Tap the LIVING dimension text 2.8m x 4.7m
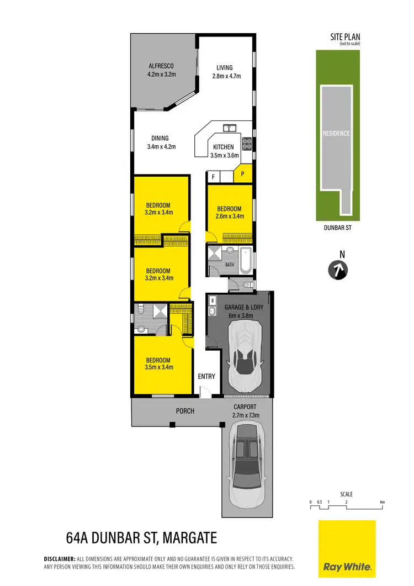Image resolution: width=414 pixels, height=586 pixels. coord(226,76)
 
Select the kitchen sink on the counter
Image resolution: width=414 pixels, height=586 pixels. coord(230,128)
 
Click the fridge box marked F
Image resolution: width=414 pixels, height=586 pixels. coord(213,176)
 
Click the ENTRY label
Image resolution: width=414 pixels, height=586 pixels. coord(206,377)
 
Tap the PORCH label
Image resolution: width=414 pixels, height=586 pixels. coord(184,411)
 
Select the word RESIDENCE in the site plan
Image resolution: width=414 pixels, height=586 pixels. coord(336,134)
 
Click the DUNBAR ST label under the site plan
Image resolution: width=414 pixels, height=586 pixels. coord(336,227)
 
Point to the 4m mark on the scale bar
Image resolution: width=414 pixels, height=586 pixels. coord(382,502)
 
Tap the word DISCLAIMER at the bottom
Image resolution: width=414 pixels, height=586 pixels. coord(59,559)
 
